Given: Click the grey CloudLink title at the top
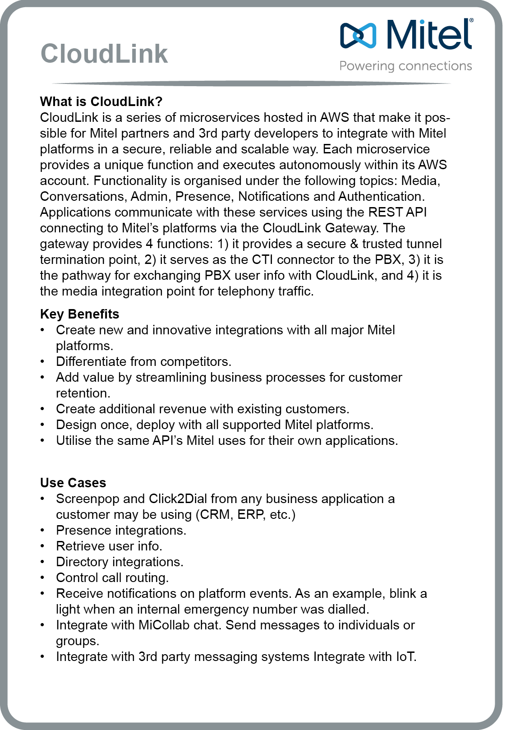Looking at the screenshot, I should (x=104, y=54).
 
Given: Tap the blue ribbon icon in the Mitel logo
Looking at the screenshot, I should (x=358, y=35).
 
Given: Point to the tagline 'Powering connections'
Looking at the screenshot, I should (x=405, y=66).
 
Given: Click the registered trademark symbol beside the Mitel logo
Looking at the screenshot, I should (x=471, y=21).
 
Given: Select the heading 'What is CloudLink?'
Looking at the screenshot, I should (x=101, y=102).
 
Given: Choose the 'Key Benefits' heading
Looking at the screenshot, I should (x=79, y=314).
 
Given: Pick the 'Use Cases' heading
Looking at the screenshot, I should (x=73, y=483).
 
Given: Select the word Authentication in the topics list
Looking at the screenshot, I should (x=381, y=196).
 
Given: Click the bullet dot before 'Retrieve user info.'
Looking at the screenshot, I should (x=42, y=546).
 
